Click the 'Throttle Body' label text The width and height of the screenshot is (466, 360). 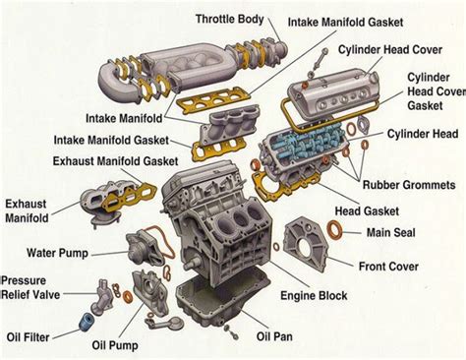[229, 19]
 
